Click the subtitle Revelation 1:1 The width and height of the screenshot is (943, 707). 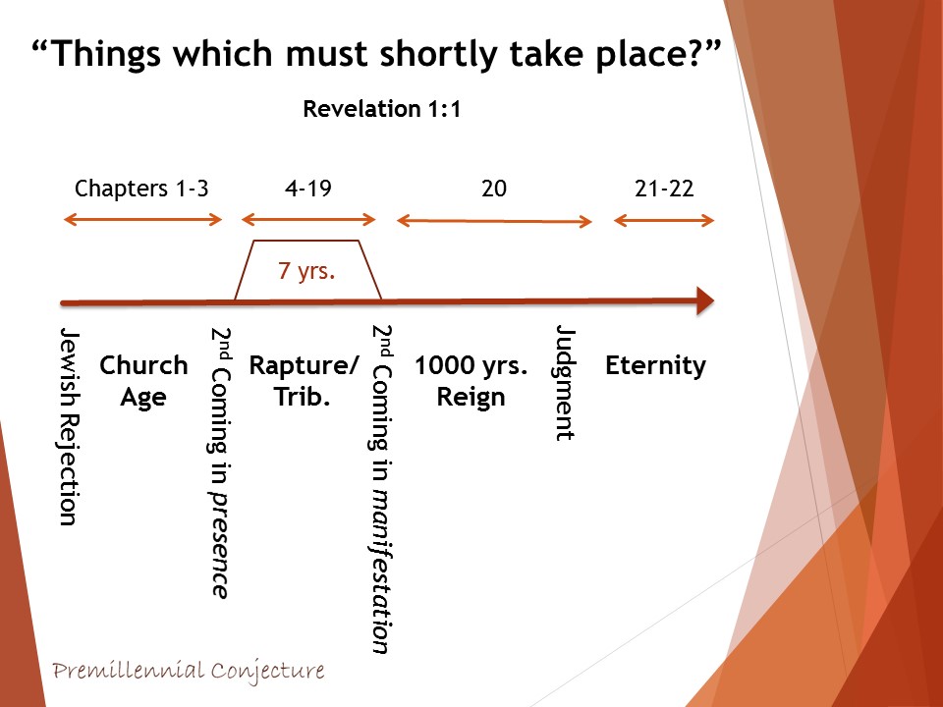[x=382, y=109]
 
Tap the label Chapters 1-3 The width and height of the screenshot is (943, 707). [x=141, y=189]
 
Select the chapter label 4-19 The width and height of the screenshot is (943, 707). [x=307, y=189]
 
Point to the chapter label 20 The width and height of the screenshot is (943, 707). [x=494, y=189]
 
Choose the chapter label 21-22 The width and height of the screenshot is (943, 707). [x=664, y=189]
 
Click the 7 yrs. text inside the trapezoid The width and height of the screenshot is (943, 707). [x=306, y=271]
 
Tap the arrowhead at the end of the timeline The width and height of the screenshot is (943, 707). [x=705, y=300]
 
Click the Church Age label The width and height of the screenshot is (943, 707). [x=143, y=381]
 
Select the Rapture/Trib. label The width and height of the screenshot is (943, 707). [x=304, y=381]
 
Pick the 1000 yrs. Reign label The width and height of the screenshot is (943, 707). [x=471, y=381]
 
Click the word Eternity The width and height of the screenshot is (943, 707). [x=655, y=365]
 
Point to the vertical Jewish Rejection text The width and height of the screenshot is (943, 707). [x=70, y=427]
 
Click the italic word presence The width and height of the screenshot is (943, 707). [x=220, y=545]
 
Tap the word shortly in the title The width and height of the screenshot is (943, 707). [x=439, y=53]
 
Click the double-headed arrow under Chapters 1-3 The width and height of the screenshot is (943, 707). [x=143, y=219]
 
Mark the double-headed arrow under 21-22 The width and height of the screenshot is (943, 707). [x=664, y=221]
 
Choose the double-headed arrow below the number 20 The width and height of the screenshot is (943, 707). [x=494, y=221]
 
